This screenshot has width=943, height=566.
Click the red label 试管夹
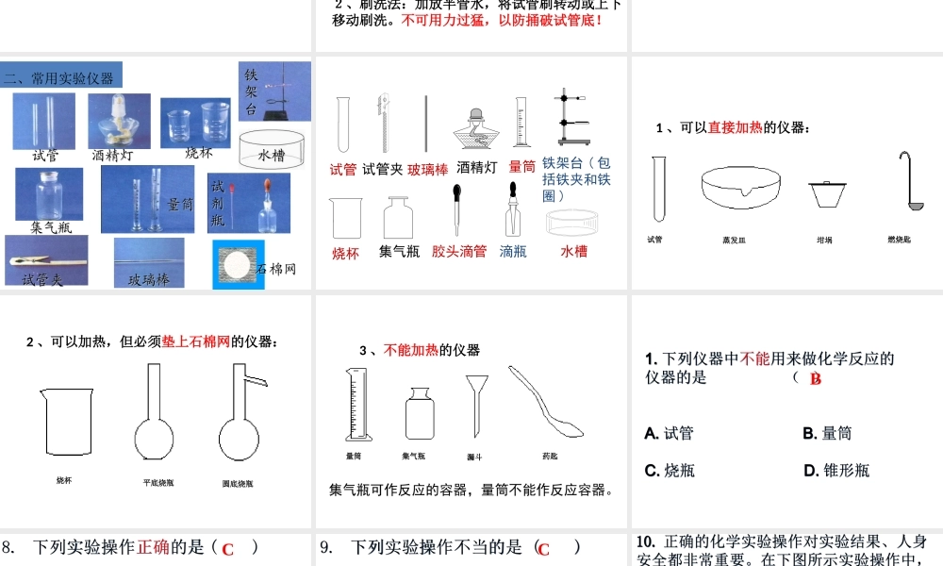[x=383, y=169]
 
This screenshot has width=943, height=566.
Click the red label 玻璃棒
[x=427, y=170]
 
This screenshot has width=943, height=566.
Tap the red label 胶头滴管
[x=459, y=252]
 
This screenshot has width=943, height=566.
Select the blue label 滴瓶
[x=513, y=252]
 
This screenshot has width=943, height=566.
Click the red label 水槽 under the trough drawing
[x=574, y=252]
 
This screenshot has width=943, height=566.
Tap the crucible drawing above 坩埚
[x=825, y=193]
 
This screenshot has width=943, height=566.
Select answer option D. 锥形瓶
[x=836, y=470]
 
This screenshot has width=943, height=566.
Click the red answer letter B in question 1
[x=816, y=379]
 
